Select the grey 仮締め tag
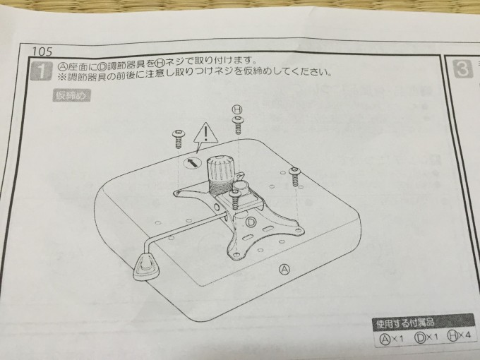pyautogui.click(x=70, y=97)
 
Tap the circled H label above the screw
pyautogui.click(x=237, y=109)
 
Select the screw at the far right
pyautogui.click(x=295, y=174)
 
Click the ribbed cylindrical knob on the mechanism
pyautogui.click(x=220, y=172)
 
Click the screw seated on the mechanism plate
pyautogui.click(x=234, y=197)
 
